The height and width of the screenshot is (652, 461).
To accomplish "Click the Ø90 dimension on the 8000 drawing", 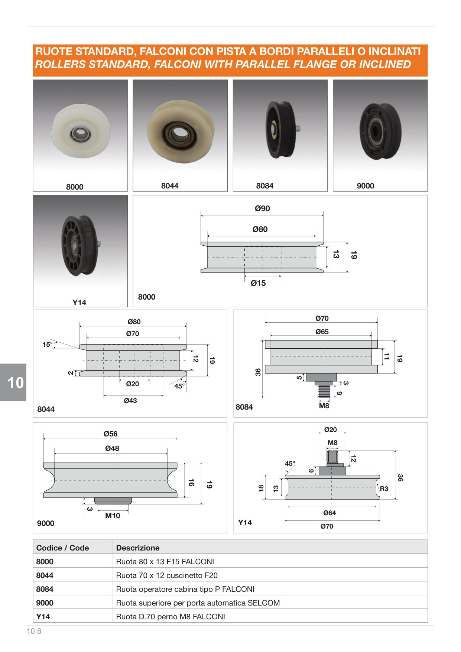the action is click(x=262, y=209).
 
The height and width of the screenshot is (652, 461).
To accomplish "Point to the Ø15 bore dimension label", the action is click(x=258, y=283).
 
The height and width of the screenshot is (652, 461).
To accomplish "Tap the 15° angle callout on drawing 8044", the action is click(x=47, y=345).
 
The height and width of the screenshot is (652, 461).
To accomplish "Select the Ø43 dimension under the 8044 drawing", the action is click(x=130, y=401).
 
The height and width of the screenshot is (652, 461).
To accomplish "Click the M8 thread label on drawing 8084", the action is click(x=324, y=406).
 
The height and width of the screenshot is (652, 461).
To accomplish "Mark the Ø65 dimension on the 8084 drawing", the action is click(x=322, y=332).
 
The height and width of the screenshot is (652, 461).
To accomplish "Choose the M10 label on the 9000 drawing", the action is click(x=113, y=516).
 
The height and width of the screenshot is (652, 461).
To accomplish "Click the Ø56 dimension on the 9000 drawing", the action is click(x=110, y=434).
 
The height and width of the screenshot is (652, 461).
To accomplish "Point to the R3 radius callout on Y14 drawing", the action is click(x=384, y=489).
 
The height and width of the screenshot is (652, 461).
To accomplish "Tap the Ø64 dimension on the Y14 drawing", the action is click(x=329, y=513).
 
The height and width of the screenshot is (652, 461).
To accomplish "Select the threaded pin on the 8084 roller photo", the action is click(x=298, y=129).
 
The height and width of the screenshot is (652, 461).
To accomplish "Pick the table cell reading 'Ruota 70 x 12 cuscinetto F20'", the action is click(x=167, y=575).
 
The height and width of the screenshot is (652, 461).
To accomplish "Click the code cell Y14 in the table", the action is click(x=43, y=617).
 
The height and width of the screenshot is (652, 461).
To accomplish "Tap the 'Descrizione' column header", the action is click(x=138, y=548).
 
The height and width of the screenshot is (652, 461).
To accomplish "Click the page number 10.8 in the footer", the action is click(x=34, y=631).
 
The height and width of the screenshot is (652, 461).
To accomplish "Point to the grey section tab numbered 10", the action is click(x=13, y=383).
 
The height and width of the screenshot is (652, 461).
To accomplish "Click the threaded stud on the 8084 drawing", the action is click(x=324, y=391).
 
